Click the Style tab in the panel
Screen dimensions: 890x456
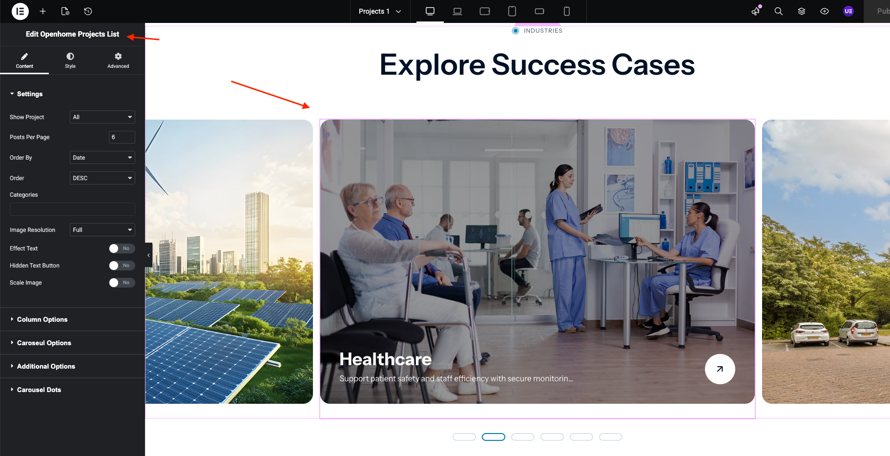tap(70, 61)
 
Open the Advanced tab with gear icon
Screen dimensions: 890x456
tap(118, 61)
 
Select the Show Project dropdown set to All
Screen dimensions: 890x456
tap(102, 117)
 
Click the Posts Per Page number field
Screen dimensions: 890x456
tap(122, 137)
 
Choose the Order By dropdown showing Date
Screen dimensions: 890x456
tap(102, 158)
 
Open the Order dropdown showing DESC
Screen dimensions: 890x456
tap(102, 178)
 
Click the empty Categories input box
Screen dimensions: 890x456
tap(72, 209)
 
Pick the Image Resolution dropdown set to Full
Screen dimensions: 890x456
tap(102, 230)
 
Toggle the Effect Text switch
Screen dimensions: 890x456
tap(122, 249)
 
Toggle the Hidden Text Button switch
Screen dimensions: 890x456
tap(122, 266)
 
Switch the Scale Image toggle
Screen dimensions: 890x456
tap(122, 283)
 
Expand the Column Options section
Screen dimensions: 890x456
tap(42, 319)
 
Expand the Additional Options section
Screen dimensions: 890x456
tap(46, 366)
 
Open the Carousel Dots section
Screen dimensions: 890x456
tap(39, 390)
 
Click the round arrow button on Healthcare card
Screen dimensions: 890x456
tap(720, 369)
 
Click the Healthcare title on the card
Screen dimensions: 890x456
tap(385, 359)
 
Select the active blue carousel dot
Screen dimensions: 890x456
tap(494, 437)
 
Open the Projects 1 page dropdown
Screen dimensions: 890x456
tap(380, 11)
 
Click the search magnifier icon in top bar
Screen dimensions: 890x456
tap(779, 11)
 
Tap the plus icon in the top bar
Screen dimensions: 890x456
tap(43, 11)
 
